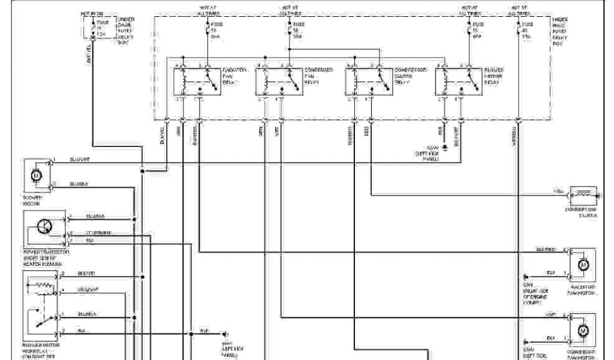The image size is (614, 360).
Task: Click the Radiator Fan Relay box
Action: point(195,80)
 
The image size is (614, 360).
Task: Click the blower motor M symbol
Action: point(36,175)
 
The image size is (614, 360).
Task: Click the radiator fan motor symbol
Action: point(582,265)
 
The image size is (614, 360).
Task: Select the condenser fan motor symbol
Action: point(582,329)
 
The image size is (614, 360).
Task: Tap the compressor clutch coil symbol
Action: point(581,196)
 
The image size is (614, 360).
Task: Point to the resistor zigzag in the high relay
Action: point(43,286)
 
